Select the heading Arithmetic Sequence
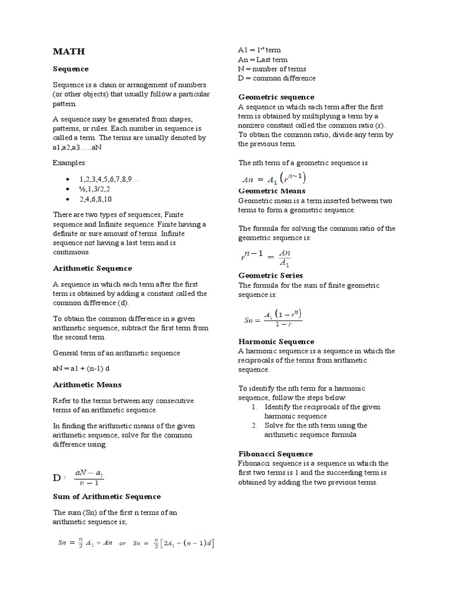[x=92, y=268]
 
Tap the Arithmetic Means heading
[x=87, y=385]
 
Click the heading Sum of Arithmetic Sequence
[x=107, y=496]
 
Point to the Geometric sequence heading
[x=276, y=97]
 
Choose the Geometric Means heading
[x=271, y=191]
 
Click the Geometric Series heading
[x=270, y=275]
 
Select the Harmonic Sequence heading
[x=276, y=342]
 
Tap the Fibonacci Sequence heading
[x=275, y=454]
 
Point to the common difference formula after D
[x=88, y=478]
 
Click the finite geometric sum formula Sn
[x=272, y=319]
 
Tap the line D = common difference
[x=277, y=78]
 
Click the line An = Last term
[x=262, y=60]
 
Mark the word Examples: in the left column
[x=69, y=162]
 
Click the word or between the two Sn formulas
[x=122, y=543]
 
